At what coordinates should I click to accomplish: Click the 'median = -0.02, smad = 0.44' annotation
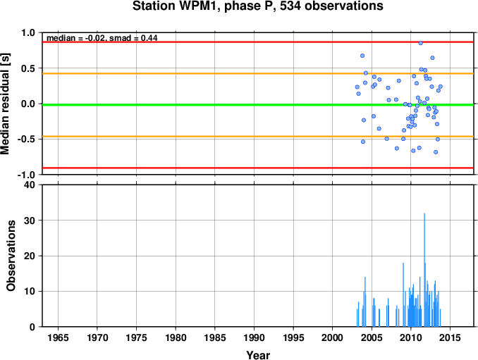102,38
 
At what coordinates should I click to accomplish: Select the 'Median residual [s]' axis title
5,104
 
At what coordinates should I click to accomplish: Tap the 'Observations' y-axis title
11,256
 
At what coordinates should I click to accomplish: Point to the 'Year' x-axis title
258,355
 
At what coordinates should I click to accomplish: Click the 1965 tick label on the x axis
58,337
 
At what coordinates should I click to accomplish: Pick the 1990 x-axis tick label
254,337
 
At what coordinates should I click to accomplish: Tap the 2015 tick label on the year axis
450,337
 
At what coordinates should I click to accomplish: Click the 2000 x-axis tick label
332,337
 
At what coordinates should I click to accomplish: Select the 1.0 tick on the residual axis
28,33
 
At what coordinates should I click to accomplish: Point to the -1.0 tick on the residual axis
27,175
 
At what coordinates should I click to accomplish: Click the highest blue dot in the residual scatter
421,43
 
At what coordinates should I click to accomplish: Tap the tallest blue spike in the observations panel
424,270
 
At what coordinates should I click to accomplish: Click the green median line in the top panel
258,105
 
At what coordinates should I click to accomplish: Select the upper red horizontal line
258,42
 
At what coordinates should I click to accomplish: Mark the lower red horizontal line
258,168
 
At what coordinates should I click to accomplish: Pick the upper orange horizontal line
258,73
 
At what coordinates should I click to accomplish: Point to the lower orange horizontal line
258,136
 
